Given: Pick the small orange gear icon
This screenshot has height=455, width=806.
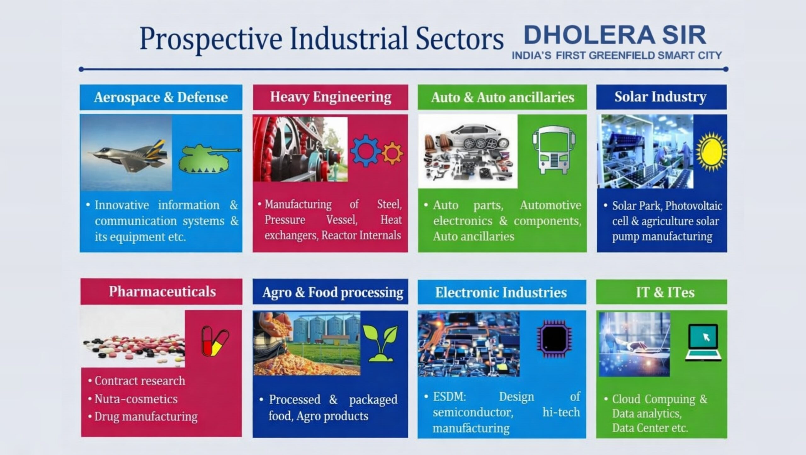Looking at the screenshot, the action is coord(392,153).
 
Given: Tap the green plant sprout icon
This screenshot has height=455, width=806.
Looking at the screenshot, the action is coord(380,343).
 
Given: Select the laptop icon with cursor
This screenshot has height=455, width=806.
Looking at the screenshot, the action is coord(703,343).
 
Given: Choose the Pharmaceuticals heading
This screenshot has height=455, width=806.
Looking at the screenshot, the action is coord(162,291).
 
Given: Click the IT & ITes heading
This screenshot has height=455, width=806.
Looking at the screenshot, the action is coord(665,292).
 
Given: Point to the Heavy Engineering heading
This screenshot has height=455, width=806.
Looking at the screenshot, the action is coord(331,97).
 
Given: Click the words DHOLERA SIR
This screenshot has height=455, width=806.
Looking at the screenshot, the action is coord(615,35).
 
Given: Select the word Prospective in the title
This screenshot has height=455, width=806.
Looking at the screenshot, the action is coord(211,39).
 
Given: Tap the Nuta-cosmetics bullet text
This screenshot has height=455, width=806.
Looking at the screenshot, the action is coord(136,399).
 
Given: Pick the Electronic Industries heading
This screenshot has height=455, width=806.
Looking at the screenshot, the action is coord(501,292).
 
